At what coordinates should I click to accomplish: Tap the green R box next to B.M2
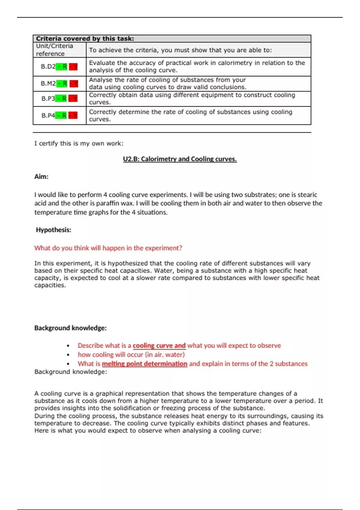(62, 83)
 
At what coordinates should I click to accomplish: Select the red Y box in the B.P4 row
(73, 115)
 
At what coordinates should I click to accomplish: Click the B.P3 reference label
(48, 98)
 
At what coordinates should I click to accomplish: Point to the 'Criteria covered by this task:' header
(85, 38)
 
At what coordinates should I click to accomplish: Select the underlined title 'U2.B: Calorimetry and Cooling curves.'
(180, 159)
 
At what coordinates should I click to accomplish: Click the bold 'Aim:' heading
(41, 176)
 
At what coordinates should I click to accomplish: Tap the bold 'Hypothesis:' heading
(53, 230)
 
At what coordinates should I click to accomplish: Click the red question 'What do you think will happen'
(108, 248)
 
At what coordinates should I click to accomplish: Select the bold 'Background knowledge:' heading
(70, 328)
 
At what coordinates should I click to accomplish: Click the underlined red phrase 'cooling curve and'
(159, 346)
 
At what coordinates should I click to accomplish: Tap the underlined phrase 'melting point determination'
(144, 364)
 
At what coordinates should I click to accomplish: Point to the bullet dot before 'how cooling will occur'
(68, 355)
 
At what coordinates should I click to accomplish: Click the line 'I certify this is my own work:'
(79, 143)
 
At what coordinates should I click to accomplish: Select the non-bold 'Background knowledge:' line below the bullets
(70, 372)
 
